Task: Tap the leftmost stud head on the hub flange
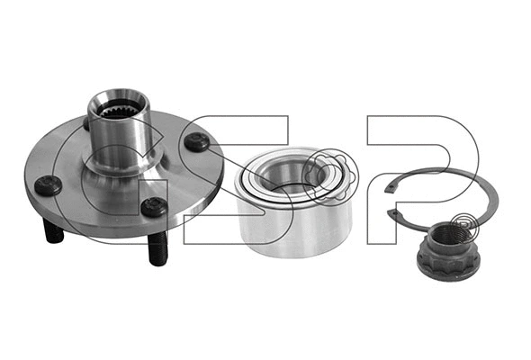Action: [49, 186]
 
